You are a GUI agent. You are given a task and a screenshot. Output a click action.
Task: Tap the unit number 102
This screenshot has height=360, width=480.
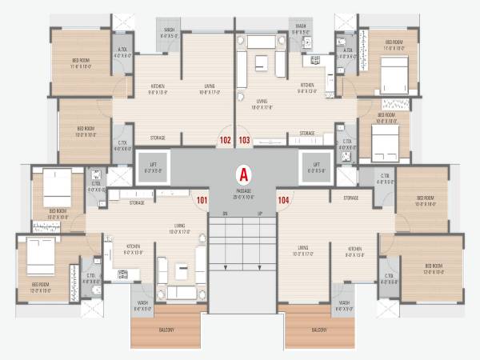tap(226, 140)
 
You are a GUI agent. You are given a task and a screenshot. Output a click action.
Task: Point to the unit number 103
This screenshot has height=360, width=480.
tap(245, 140)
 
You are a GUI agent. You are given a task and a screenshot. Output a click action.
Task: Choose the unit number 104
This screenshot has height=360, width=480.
tap(282, 199)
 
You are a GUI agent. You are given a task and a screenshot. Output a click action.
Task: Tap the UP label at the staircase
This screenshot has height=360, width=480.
tap(260, 214)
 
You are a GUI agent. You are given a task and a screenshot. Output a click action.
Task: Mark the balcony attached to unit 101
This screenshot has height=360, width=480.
tap(165, 330)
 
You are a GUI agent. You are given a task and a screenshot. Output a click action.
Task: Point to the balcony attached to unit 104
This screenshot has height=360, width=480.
tap(319, 330)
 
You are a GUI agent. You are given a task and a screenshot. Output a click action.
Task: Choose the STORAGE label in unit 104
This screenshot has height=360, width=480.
tap(350, 198)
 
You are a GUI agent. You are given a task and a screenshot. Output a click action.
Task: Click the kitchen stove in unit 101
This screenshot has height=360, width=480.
tap(124, 274)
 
